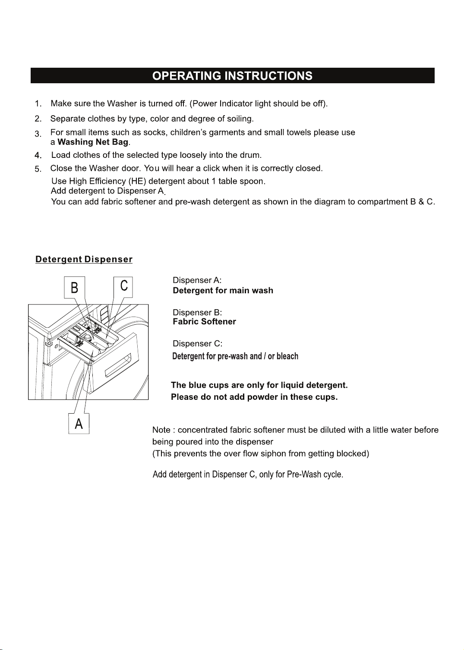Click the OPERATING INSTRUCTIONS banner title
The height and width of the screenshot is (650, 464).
[232, 76]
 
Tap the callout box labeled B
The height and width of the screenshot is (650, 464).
[75, 287]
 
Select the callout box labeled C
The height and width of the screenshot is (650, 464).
[123, 287]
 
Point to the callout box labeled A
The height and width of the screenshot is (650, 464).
[79, 424]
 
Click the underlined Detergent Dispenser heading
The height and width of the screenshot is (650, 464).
[84, 259]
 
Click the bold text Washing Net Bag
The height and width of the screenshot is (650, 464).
[93, 142]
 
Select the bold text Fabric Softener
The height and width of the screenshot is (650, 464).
[204, 321]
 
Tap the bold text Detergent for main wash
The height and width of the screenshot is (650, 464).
[223, 290]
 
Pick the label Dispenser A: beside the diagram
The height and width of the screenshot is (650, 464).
[197, 280]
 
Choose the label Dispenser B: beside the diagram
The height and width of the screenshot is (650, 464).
[197, 313]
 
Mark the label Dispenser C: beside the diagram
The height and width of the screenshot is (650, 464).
[197, 344]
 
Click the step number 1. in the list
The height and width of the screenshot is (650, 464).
[38, 104]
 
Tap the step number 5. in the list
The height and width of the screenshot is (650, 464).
[38, 169]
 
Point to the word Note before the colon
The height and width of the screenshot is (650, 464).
[161, 430]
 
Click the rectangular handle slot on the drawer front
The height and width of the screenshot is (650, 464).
[118, 365]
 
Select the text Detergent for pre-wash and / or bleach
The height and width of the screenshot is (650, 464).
[235, 356]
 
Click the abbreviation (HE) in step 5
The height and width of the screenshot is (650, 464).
[137, 181]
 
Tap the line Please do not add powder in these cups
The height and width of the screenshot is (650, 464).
[254, 397]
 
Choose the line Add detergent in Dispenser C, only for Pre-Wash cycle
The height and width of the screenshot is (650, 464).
[248, 474]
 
